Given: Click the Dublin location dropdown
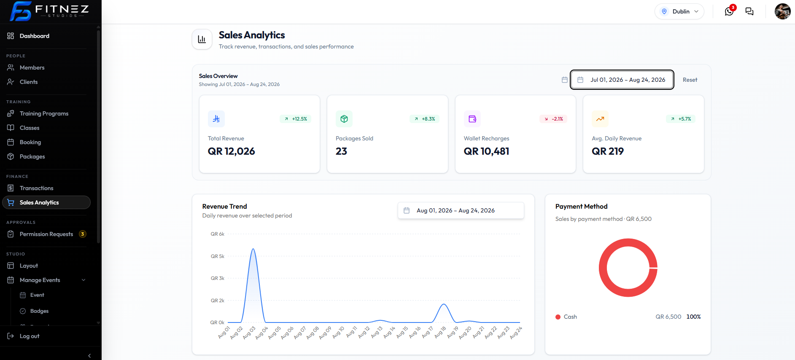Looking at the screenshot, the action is click(x=679, y=11).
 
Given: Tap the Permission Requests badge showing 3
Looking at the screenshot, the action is click(x=83, y=234).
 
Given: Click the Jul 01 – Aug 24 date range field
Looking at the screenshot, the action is click(x=622, y=80).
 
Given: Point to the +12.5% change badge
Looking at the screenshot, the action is click(x=296, y=119).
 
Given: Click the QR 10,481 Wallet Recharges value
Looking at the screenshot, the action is click(x=486, y=151).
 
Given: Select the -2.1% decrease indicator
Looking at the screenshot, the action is click(x=554, y=119).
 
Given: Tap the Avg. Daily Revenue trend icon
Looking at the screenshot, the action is click(x=600, y=119).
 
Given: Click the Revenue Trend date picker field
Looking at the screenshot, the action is click(x=461, y=210).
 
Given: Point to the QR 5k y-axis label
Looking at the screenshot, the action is click(x=218, y=256).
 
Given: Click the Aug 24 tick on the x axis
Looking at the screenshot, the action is click(x=516, y=333).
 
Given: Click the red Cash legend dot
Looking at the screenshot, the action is click(x=558, y=317).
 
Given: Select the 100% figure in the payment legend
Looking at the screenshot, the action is click(x=693, y=317).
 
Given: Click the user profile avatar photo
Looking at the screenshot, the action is click(x=783, y=11).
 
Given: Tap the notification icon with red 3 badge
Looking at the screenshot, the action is click(x=730, y=11).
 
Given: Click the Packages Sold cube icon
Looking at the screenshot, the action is click(x=344, y=119).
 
